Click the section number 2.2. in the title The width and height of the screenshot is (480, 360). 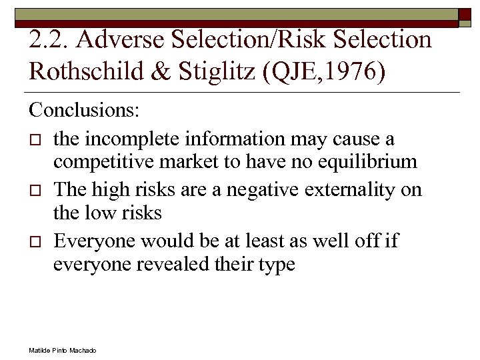(x=49, y=40)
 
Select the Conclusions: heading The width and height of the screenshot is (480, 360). (x=84, y=109)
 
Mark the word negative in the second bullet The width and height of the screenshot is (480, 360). (x=264, y=189)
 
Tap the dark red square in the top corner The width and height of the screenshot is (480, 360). (x=465, y=15)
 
